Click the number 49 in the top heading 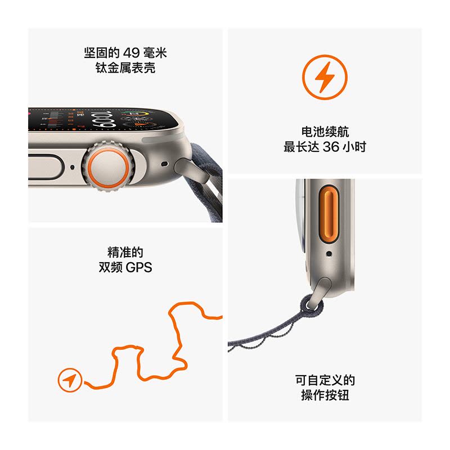pos(132,53)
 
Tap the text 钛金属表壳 pos(125,68)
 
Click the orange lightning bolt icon pos(325,77)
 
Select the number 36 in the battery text pos(331,147)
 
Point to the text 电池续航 pos(325,132)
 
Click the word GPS pos(139,268)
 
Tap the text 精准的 pos(125,253)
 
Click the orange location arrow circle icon pos(70,380)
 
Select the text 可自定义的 pos(325,381)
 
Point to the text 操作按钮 pos(325,395)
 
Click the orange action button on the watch pos(329,214)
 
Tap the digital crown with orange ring pos(108,166)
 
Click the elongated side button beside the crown pos(46,167)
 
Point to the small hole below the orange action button pos(329,254)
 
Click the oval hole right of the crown pos(164,164)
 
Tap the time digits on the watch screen pos(103,120)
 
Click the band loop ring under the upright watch pos(312,304)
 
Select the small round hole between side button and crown pos(73,167)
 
